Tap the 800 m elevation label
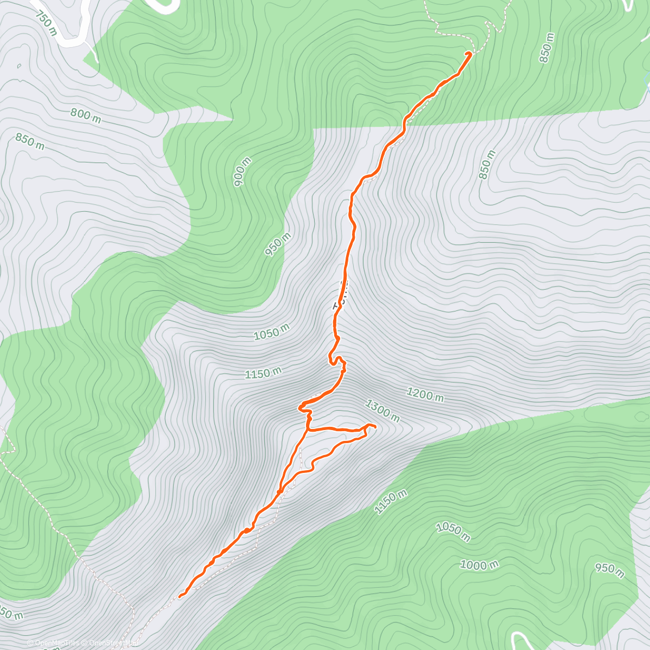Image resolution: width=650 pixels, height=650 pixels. coord(86,115)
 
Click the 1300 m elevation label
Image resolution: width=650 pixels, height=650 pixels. coord(382,411)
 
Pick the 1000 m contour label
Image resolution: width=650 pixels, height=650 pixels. coord(479,565)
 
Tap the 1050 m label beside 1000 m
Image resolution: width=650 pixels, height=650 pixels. coord(453,531)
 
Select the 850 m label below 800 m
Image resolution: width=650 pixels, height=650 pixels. coord(30,142)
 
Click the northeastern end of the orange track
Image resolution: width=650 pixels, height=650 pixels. coord(469,53)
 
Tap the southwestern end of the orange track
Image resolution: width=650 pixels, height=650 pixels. coord(180,596)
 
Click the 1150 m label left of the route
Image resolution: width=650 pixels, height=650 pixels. coord(263,373)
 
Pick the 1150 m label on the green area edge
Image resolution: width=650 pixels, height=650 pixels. coord(390,502)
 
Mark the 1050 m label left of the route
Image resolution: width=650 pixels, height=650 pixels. coord(271,331)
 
